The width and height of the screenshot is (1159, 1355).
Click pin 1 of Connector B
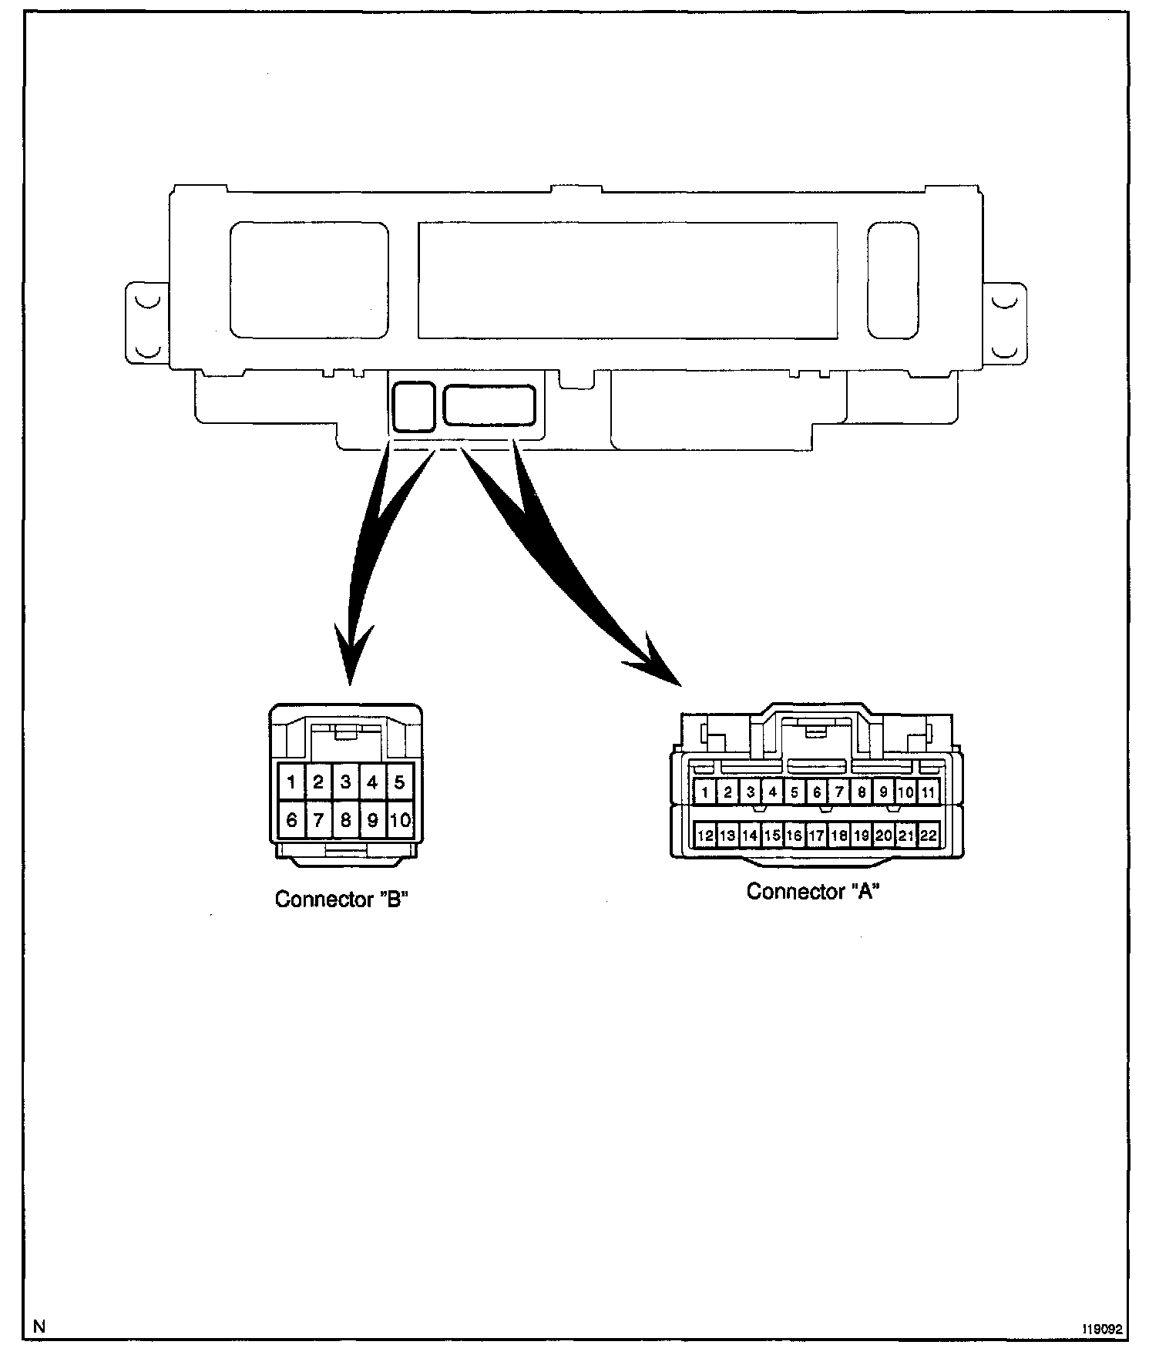point(291,782)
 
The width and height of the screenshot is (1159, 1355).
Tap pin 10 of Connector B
point(400,820)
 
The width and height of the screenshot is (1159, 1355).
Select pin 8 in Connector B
point(345,820)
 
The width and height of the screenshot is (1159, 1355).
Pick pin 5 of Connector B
point(399,782)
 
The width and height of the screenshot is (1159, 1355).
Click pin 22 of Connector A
point(928,835)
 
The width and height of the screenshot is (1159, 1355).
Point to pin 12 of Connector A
point(705,835)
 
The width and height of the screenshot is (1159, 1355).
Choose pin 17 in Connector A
point(817,835)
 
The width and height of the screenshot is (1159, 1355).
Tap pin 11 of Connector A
point(928,792)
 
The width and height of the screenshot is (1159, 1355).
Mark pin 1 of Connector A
point(705,792)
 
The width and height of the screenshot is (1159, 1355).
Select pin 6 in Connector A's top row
point(817,792)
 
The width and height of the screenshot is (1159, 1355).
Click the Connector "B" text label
point(341,899)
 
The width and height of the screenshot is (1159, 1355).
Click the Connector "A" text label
point(813,892)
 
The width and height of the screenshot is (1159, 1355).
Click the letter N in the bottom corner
point(39,1326)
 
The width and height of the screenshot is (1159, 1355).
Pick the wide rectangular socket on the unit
point(489,405)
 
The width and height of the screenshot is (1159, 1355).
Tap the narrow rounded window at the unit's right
point(892,281)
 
